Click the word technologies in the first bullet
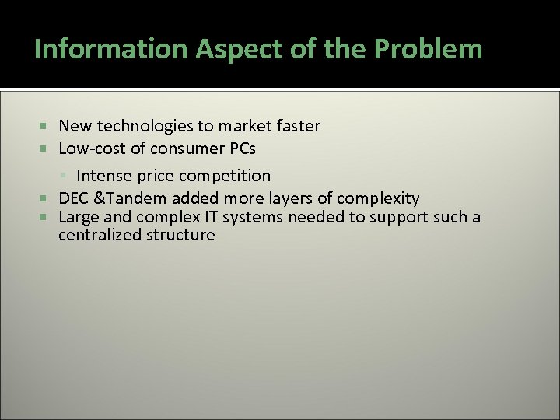pos(137,126)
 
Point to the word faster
pos(293,126)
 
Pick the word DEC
pos(74,198)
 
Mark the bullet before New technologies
pos(44,126)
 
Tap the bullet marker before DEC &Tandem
pos(44,198)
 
